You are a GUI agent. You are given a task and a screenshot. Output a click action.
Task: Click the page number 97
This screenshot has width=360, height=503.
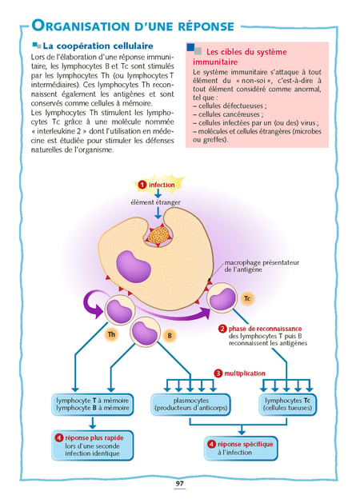pyautogui.click(x=179, y=484)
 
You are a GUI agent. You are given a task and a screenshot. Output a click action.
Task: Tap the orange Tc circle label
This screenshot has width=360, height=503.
pyautogui.click(x=247, y=298)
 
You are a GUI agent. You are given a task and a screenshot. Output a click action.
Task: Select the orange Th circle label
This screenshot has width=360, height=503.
pyautogui.click(x=111, y=334)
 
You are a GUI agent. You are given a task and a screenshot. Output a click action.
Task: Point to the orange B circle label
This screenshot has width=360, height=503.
pyautogui.click(x=170, y=336)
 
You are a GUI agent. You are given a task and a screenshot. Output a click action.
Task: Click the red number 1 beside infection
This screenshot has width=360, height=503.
pyautogui.click(x=142, y=185)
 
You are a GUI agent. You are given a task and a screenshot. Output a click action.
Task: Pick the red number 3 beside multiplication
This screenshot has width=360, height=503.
pyautogui.click(x=218, y=373)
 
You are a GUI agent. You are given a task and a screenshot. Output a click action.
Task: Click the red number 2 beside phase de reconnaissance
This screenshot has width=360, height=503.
pyautogui.click(x=222, y=329)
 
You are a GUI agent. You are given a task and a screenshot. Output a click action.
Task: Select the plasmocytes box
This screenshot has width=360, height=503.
pyautogui.click(x=190, y=405)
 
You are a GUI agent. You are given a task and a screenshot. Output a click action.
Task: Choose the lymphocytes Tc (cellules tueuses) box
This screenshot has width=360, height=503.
pyautogui.click(x=287, y=405)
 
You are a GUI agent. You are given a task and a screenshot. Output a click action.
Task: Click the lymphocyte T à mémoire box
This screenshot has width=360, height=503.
pyautogui.click(x=93, y=405)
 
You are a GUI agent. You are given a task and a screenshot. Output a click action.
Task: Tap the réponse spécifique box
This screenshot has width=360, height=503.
pyautogui.click(x=241, y=448)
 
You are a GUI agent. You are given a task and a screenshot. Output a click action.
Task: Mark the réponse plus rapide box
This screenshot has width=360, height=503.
pyautogui.click(x=93, y=445)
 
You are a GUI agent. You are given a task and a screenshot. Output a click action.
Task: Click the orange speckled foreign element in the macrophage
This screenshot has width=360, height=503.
pyautogui.click(x=158, y=235)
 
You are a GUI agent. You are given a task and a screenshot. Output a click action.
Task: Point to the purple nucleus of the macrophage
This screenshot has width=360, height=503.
pyautogui.click(x=133, y=267)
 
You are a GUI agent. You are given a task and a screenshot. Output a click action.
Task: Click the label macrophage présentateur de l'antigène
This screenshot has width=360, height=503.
pyautogui.click(x=262, y=266)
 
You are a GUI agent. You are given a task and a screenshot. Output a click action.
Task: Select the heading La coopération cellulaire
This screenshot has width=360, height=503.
pyautogui.click(x=98, y=46)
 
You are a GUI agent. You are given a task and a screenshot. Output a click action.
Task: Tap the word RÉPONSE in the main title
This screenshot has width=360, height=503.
pyautogui.click(x=206, y=26)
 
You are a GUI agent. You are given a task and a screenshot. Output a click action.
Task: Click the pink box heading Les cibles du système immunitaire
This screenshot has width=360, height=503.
pyautogui.click(x=240, y=57)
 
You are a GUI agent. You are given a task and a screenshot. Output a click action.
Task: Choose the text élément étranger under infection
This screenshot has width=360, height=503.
pyautogui.click(x=155, y=202)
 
